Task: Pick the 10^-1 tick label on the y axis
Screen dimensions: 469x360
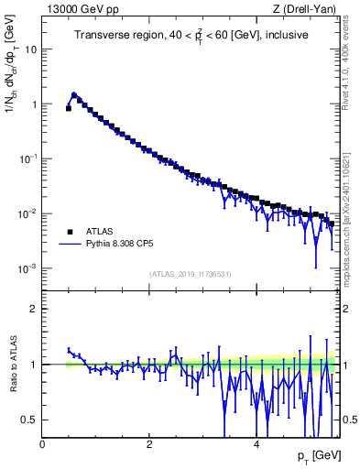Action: coord(29,158)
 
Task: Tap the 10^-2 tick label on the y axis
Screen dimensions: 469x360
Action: coord(29,213)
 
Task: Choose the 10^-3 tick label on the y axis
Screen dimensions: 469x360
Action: coord(29,268)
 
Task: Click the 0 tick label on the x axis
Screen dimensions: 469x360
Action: coord(42,444)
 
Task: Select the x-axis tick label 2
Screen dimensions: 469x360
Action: coord(149,444)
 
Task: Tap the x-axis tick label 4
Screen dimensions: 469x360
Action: coord(256,444)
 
